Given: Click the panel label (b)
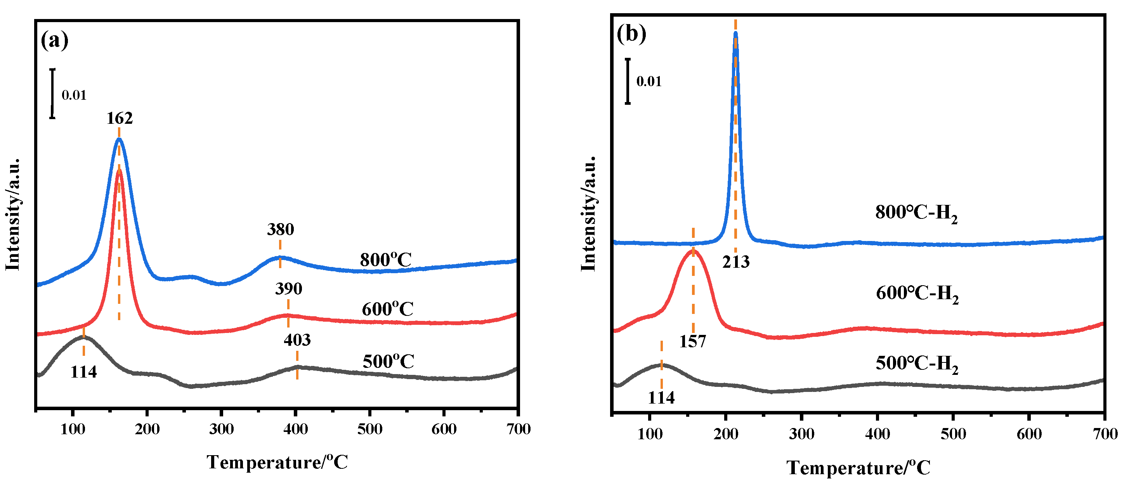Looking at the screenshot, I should tap(631, 33).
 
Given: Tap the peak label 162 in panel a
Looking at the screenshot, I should tap(120, 118).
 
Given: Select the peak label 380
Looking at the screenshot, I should tap(281, 229).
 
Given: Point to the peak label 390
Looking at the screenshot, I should tap(288, 288).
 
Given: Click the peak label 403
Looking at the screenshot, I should tap(297, 340).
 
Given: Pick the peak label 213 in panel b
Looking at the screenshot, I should tap(736, 262).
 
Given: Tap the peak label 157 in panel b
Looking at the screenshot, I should tap(692, 341).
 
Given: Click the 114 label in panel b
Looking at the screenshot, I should tap(661, 398).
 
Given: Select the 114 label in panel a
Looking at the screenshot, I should tap(83, 372).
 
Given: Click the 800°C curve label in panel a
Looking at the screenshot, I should tap(385, 260).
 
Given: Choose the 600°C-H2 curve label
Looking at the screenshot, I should tap(917, 294).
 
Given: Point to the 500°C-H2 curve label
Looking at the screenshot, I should tap(917, 364).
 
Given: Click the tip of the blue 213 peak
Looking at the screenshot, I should tap(736, 33).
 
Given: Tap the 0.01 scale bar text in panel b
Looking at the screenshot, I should tap(649, 81).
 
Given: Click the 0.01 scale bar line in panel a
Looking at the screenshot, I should tap(52, 93).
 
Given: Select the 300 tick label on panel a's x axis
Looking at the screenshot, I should tap(221, 429).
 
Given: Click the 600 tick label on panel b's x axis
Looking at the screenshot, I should tap(1029, 434).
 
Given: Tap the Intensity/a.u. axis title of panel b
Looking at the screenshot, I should tap(588, 213).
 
